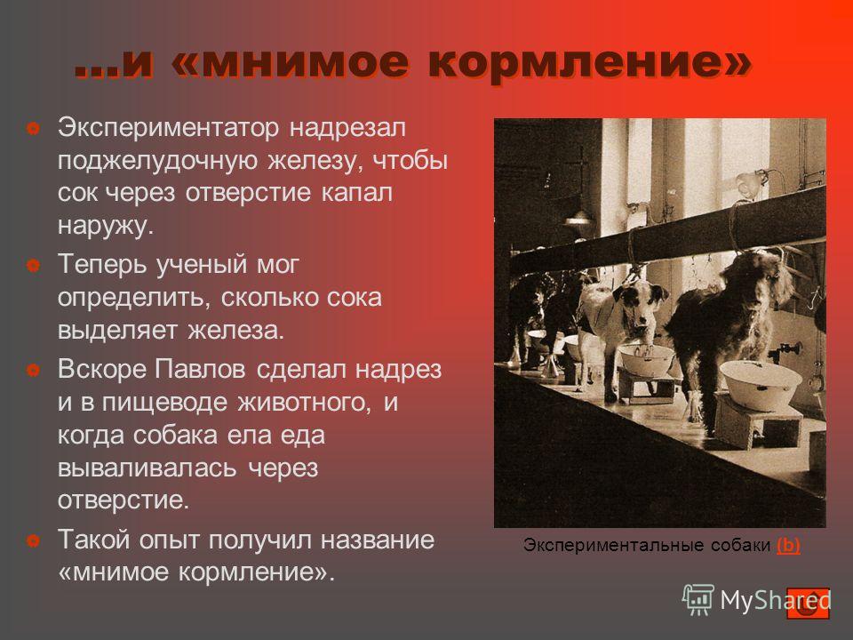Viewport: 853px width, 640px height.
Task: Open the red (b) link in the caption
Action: point(788,544)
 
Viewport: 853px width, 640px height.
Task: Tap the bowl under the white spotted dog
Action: point(647,357)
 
